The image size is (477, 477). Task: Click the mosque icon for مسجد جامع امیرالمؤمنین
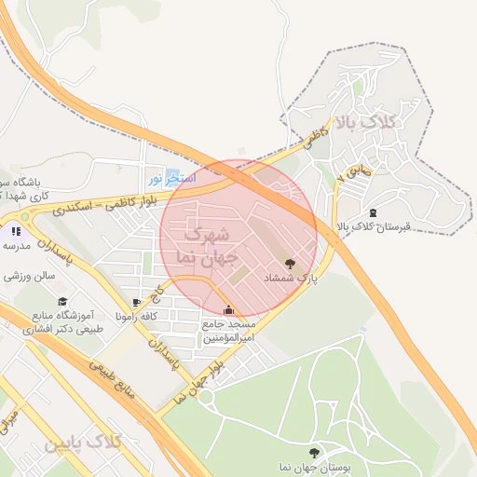[229, 309]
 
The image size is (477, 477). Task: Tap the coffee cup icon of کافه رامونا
[137, 303]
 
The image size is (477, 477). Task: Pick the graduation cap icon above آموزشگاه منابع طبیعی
[62, 301]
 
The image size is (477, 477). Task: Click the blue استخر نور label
[171, 177]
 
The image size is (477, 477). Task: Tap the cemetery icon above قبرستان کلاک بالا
[374, 212]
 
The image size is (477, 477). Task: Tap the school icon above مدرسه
[16, 230]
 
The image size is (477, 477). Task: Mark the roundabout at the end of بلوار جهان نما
[207, 398]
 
